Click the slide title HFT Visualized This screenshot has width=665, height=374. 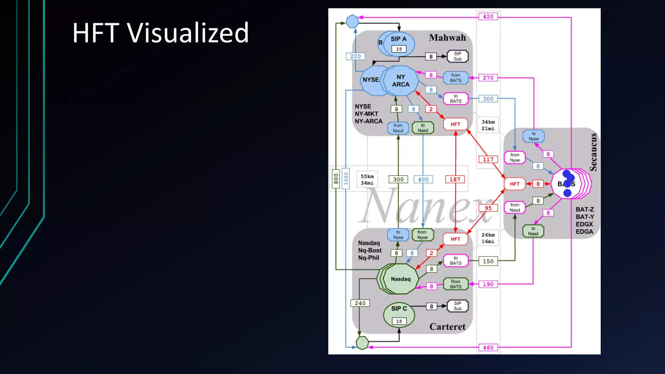[x=160, y=33]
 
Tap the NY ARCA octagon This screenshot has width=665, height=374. [x=401, y=81]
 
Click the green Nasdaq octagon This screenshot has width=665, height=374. [x=401, y=279]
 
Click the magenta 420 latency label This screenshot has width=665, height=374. [x=488, y=17]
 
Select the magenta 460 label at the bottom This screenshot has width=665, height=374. [x=488, y=348]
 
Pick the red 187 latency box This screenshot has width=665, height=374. [x=455, y=179]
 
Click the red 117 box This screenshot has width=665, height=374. [x=488, y=159]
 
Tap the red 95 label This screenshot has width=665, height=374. [x=488, y=208]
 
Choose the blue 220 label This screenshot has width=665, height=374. [x=356, y=56]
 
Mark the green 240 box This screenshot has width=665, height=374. [x=360, y=303]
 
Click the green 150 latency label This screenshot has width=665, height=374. [x=488, y=261]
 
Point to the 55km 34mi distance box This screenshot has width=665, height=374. [x=367, y=180]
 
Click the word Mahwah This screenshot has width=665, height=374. [x=447, y=38]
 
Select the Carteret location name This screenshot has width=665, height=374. [x=447, y=327]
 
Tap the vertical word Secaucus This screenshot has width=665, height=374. [x=593, y=152]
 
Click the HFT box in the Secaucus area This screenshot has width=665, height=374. [x=515, y=184]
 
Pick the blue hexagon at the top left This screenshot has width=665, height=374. [x=352, y=21]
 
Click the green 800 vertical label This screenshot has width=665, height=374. [x=336, y=179]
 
